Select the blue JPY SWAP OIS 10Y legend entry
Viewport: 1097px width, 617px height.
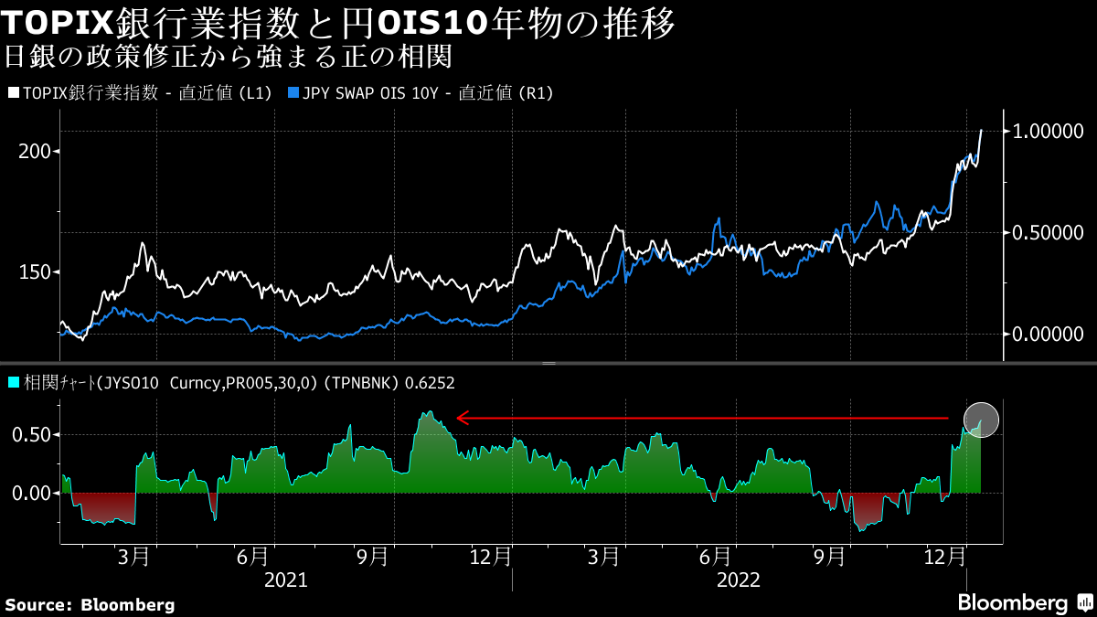click(421, 93)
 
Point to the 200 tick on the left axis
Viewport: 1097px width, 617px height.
click(34, 151)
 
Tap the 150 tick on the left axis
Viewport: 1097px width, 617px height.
click(34, 271)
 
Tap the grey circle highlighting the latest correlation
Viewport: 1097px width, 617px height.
click(982, 420)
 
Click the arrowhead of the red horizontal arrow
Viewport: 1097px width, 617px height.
click(463, 418)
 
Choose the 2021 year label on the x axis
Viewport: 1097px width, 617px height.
click(285, 580)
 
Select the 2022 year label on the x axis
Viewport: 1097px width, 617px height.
click(739, 580)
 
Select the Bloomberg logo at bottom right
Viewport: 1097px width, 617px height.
click(1024, 603)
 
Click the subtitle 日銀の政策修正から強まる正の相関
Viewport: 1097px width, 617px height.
click(229, 57)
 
